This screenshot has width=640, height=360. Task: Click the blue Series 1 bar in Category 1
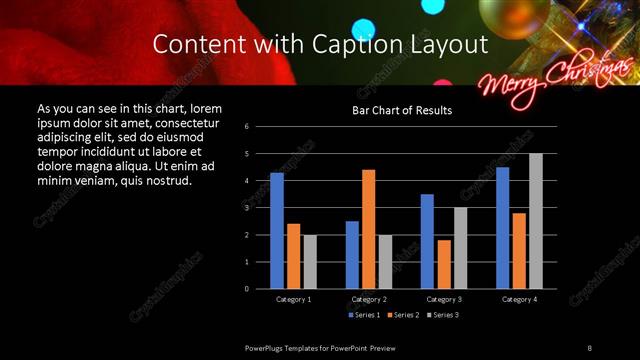pos(277,230)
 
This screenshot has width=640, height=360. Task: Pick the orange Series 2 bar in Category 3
pos(444,264)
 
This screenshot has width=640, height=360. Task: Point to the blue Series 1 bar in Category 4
pos(503,227)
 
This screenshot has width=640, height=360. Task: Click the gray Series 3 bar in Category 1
pos(310,261)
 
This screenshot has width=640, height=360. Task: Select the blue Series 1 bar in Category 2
pos(352,254)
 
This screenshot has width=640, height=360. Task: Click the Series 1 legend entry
pos(364,315)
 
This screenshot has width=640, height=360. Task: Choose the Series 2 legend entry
pos(402,315)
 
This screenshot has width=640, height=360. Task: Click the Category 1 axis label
pos(293,299)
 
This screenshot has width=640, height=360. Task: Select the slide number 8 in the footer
pos(589,347)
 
